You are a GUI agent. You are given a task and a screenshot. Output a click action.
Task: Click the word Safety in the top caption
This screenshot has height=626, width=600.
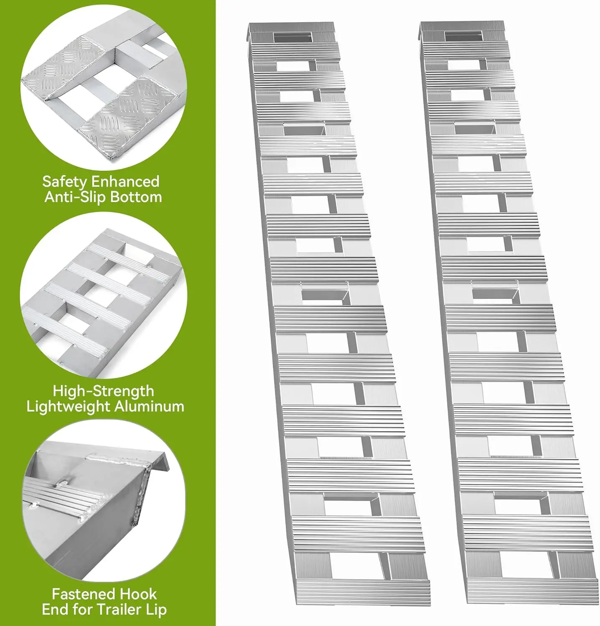[x=65, y=182]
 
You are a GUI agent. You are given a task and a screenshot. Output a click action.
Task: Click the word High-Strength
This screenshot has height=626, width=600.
[x=103, y=391]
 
